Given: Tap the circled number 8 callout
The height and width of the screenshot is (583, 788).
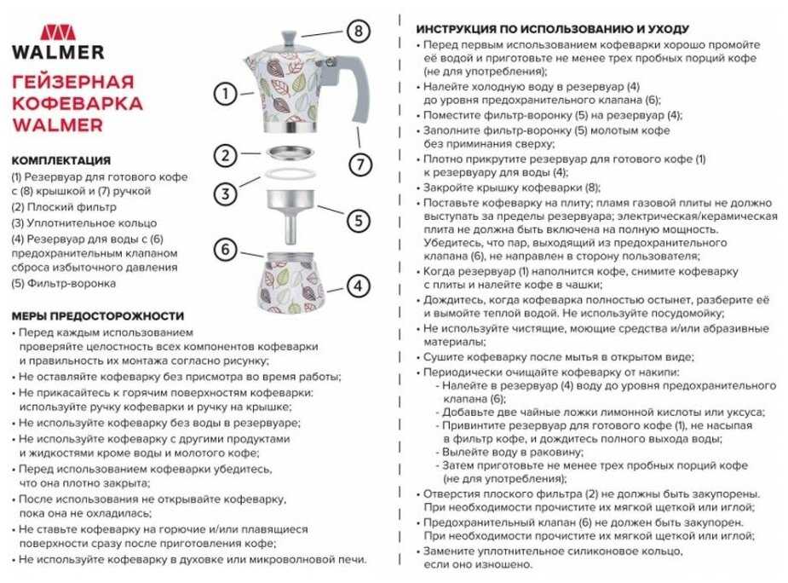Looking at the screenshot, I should point(359,32).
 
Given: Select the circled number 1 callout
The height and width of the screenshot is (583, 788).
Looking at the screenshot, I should point(225,93).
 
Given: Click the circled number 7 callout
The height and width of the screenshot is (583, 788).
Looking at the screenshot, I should point(359,163).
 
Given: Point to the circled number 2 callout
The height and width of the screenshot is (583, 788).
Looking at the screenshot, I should point(225,156).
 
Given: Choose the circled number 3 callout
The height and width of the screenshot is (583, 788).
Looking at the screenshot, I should point(225,193).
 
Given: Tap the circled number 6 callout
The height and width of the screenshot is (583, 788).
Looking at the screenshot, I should point(225,250).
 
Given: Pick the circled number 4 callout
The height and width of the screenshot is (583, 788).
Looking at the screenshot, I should point(359,286).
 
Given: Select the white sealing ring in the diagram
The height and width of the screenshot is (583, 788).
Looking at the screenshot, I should point(291,175).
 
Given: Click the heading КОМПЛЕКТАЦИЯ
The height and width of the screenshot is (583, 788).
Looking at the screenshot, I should point(61,159).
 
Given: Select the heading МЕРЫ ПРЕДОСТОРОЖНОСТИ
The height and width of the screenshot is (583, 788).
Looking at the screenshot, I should point(98,315).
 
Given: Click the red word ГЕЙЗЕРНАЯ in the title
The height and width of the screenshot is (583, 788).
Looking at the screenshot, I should point(73,82).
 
